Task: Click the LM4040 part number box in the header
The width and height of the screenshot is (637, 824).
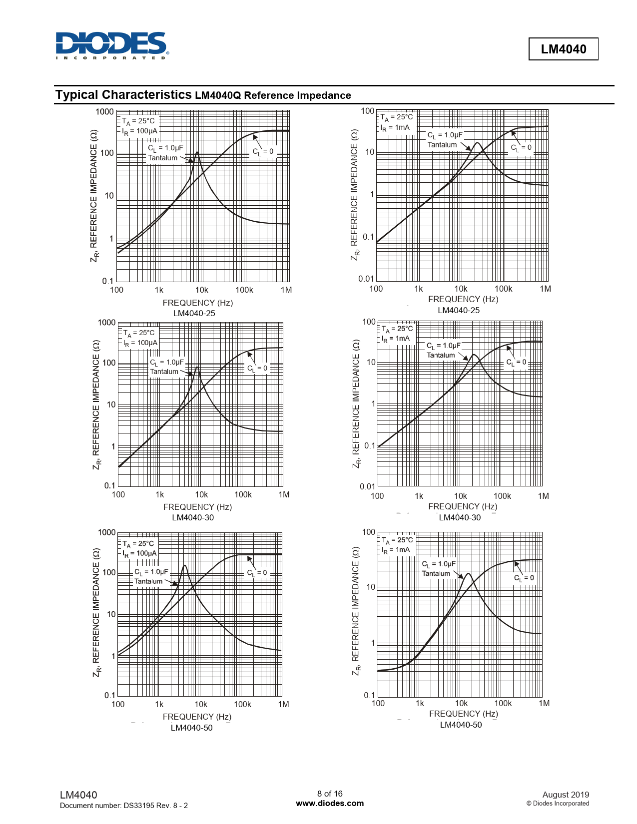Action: tap(563, 49)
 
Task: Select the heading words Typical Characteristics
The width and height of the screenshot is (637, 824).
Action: tap(123, 95)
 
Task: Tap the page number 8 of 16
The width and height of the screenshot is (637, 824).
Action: tap(330, 794)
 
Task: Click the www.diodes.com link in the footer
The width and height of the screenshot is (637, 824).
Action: tap(330, 804)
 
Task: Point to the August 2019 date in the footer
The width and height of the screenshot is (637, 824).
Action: tap(566, 795)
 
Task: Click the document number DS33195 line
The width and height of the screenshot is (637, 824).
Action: tap(123, 806)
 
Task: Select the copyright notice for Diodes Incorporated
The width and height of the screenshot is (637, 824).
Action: tap(558, 804)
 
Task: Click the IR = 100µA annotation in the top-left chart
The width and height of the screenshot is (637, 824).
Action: tap(139, 131)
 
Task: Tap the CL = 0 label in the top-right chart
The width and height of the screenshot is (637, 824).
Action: tap(521, 148)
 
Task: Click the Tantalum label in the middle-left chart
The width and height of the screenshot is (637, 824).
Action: tap(164, 372)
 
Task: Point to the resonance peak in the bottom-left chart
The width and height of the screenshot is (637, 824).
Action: tap(184, 566)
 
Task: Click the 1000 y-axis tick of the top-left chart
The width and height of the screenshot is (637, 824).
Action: tap(104, 112)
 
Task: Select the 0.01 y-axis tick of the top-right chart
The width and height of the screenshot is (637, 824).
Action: tap(366, 279)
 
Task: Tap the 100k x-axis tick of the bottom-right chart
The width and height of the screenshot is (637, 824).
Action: tap(503, 704)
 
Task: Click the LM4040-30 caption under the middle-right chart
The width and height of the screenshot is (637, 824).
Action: tap(460, 517)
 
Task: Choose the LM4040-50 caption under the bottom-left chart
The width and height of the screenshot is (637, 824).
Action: tap(192, 728)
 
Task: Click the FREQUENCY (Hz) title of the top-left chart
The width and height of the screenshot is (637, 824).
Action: tap(197, 303)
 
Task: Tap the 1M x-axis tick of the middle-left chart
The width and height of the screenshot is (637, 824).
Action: tap(284, 495)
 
